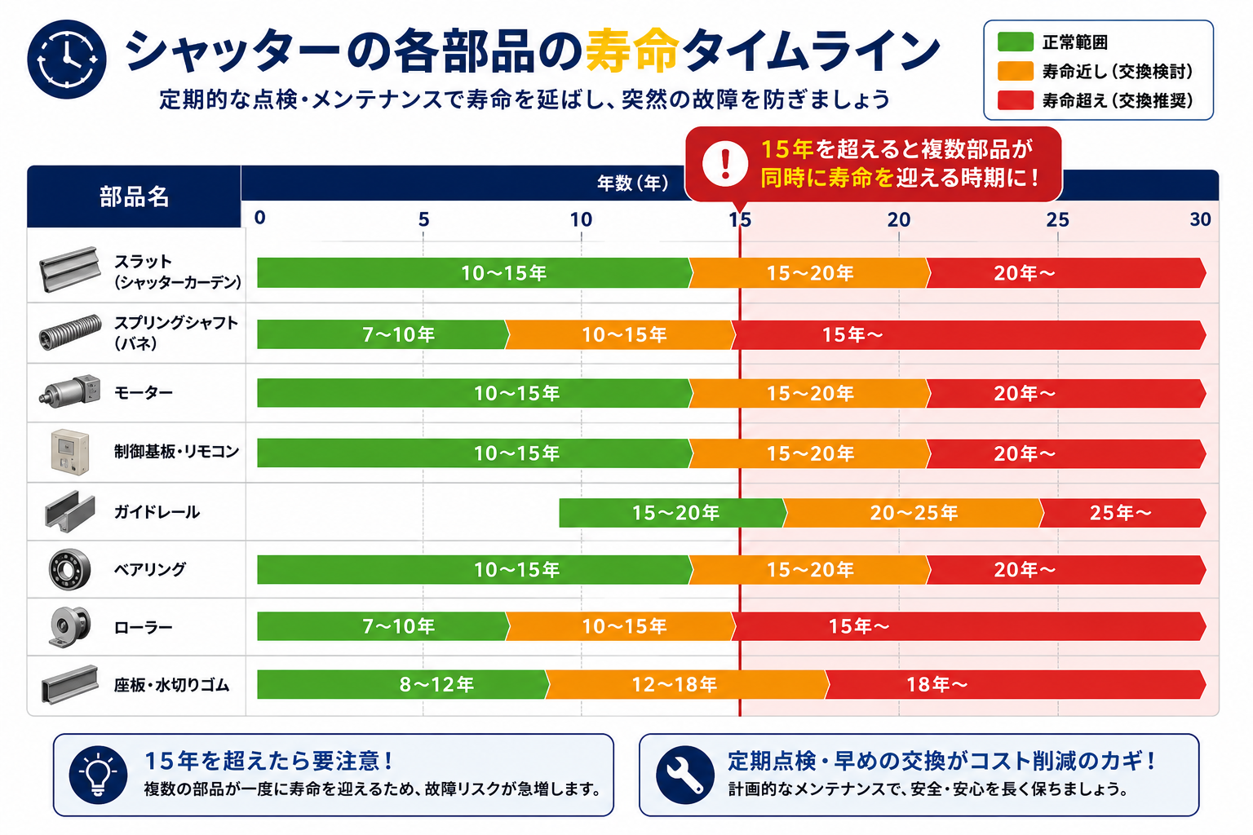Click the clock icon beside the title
tap(67, 60)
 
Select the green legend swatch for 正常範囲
tap(1015, 42)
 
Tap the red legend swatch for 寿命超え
tap(1015, 100)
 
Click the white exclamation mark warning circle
tap(725, 163)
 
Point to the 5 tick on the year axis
tap(423, 220)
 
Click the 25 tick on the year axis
tap(1057, 220)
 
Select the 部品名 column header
tap(135, 197)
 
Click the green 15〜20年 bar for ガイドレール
tap(673, 513)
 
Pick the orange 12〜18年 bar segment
tap(687, 684)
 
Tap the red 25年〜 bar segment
tap(1122, 513)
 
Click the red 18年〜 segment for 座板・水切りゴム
tap(1016, 684)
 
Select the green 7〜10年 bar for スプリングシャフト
tap(383, 334)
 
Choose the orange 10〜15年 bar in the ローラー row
tap(620, 625)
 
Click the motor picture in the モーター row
tap(70, 391)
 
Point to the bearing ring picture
tap(69, 569)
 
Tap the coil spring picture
tap(70, 332)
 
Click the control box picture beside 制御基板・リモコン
tap(70, 452)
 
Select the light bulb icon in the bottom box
tap(99, 775)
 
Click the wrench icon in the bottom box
tap(685, 775)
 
